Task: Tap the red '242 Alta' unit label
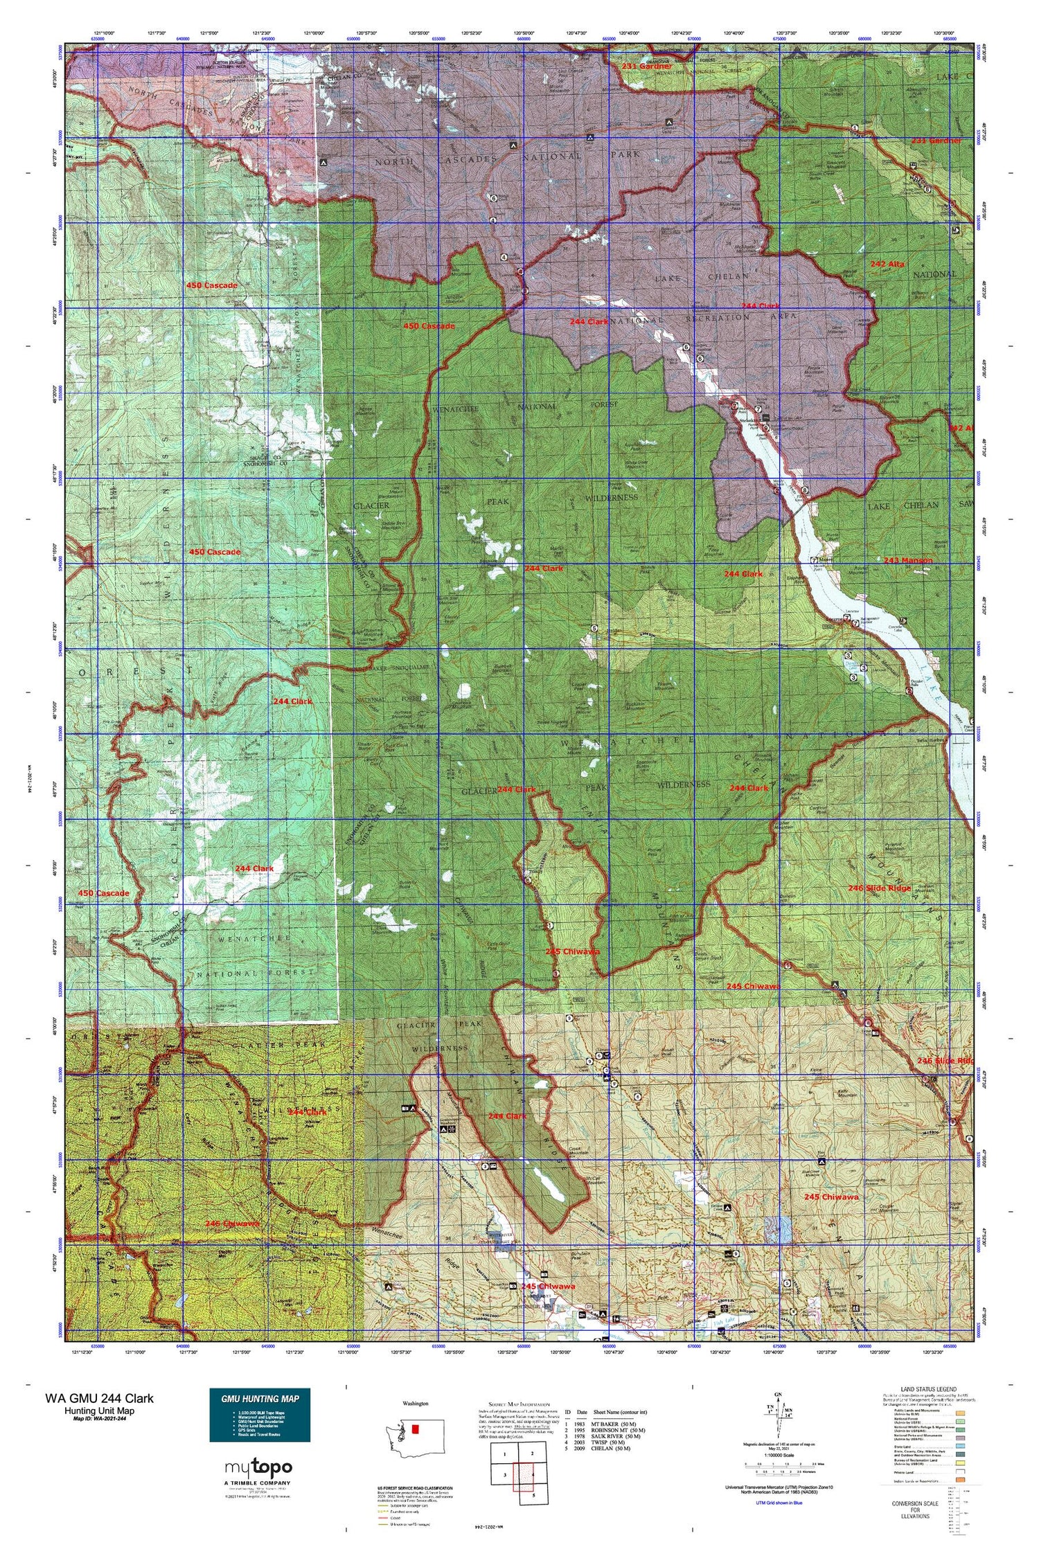tap(887, 264)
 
